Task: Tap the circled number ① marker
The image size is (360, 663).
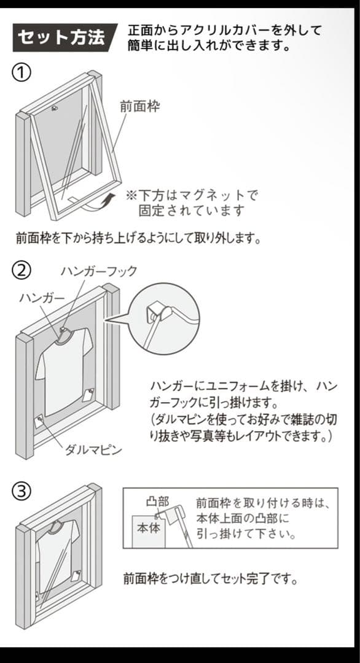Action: [22, 72]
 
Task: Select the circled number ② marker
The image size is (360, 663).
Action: [22, 270]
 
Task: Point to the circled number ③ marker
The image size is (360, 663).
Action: [22, 491]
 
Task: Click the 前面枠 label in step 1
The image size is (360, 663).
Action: [139, 106]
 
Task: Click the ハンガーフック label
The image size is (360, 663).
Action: [98, 271]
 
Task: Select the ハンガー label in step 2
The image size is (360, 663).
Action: [41, 298]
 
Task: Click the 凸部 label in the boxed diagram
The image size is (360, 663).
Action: [157, 502]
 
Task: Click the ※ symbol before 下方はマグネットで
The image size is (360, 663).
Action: [131, 196]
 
